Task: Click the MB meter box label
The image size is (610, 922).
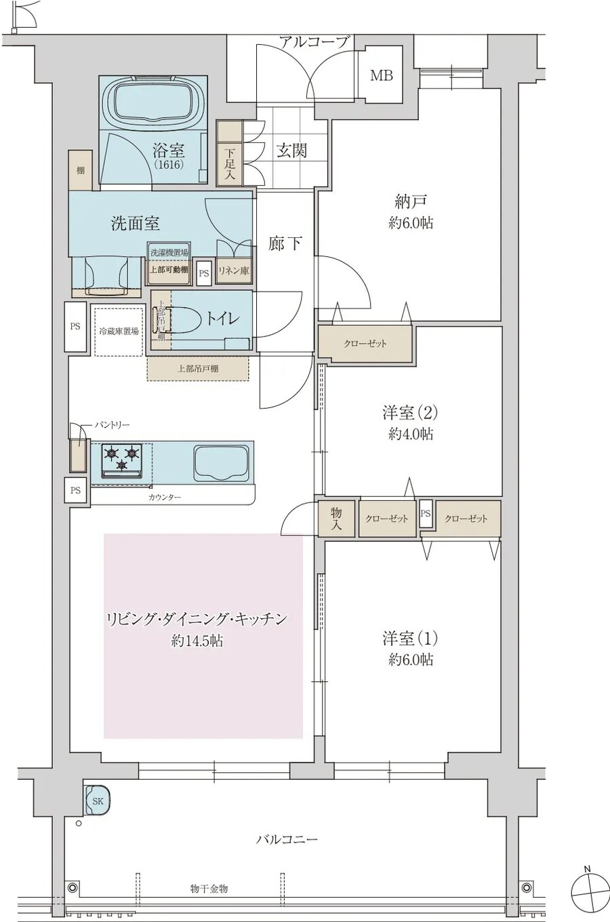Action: (381, 75)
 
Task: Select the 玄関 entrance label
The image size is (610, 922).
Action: (291, 151)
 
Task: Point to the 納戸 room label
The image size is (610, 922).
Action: (411, 202)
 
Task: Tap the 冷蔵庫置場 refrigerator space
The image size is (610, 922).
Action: (119, 332)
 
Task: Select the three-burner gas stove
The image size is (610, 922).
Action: (123, 458)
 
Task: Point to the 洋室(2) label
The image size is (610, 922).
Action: (411, 412)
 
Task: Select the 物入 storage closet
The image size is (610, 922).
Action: (336, 519)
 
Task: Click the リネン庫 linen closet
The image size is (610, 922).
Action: (233, 270)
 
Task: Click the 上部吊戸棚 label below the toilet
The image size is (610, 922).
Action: (198, 369)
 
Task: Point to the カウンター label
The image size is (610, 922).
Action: (164, 498)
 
